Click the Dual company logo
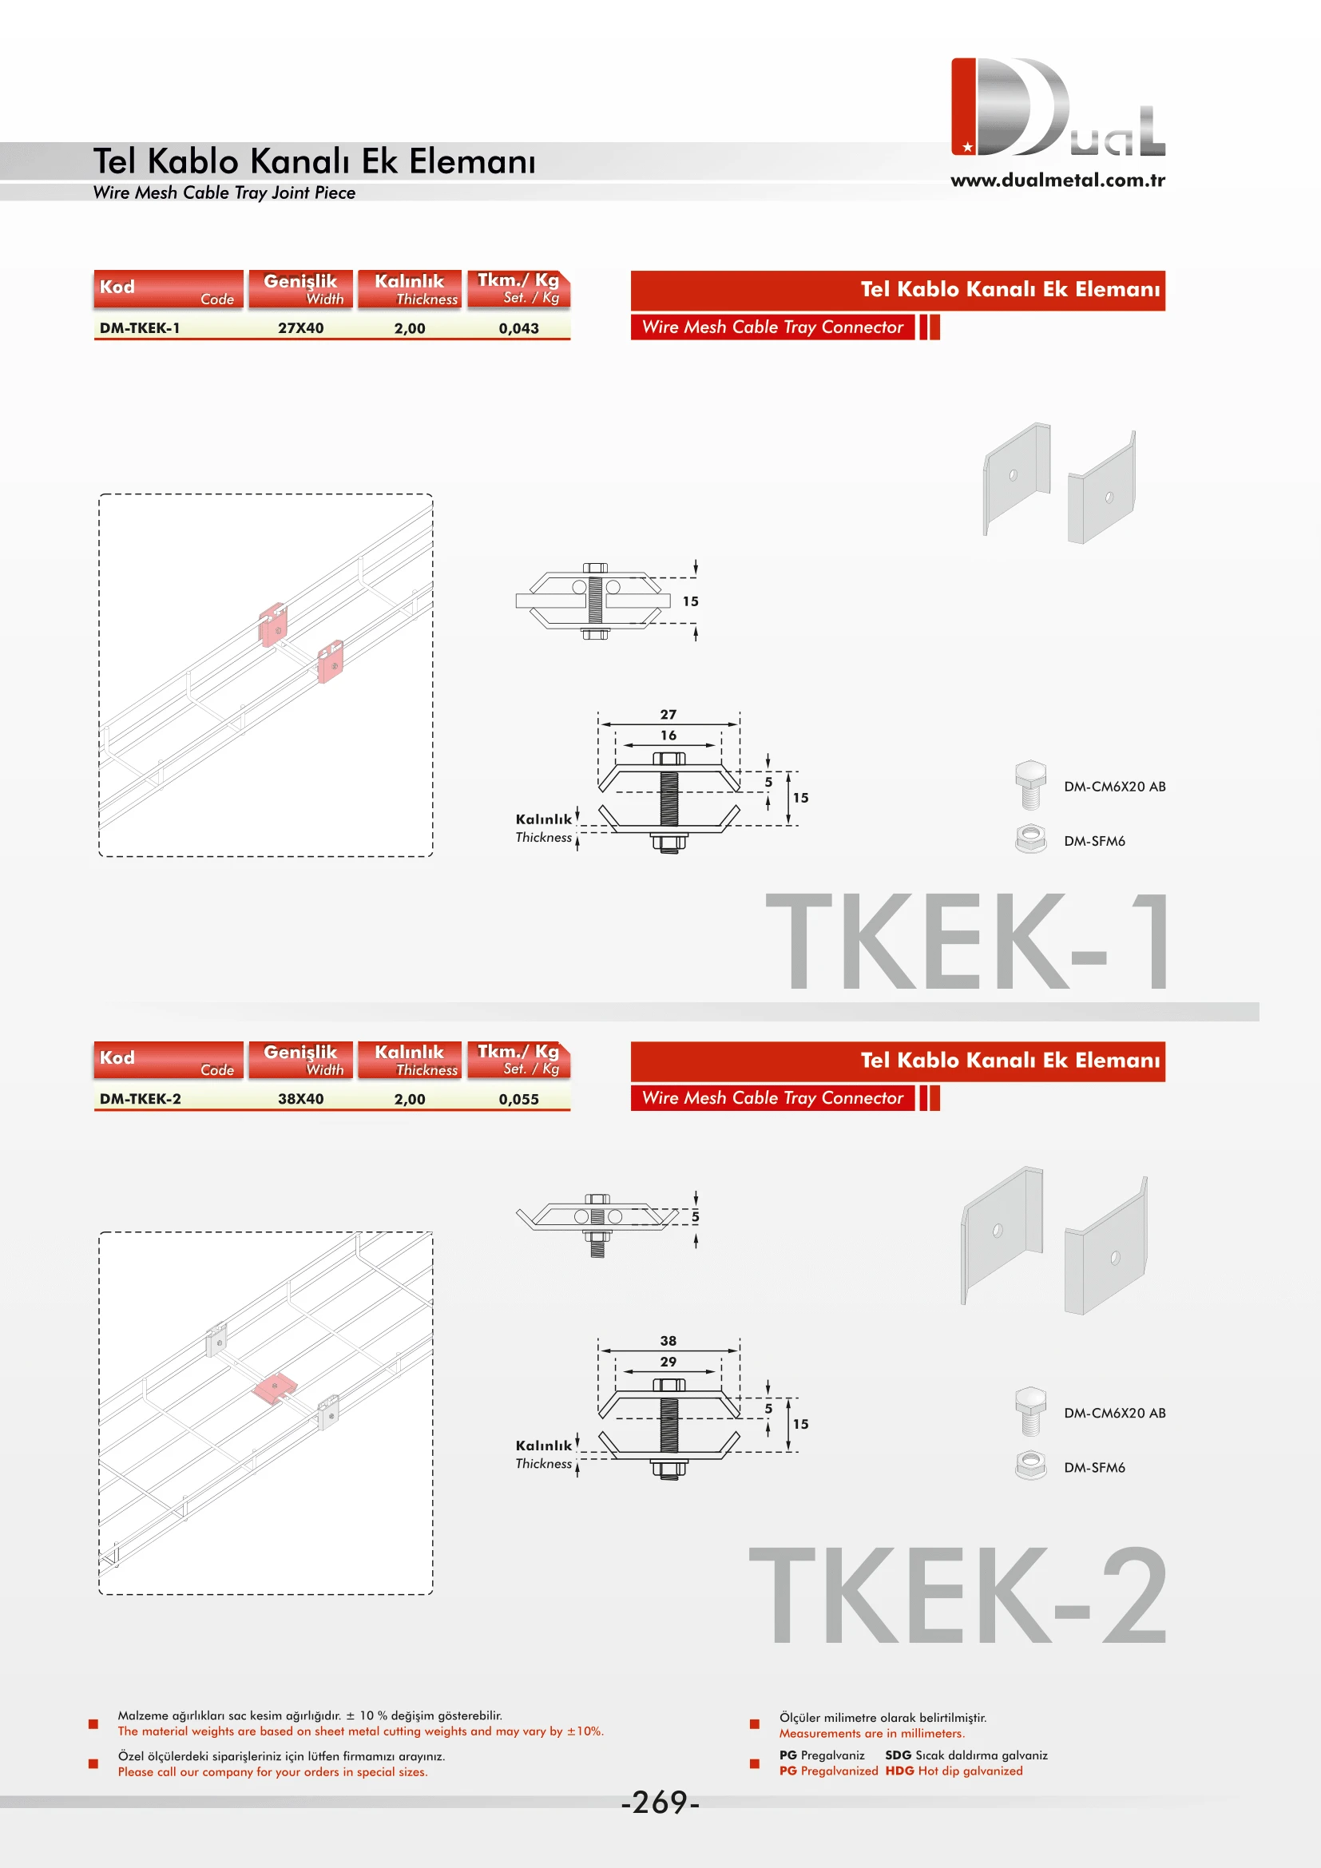pyautogui.click(x=1057, y=107)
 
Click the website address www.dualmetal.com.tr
pyautogui.click(x=1057, y=180)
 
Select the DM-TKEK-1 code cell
pyautogui.click(x=140, y=328)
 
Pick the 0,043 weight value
pyautogui.click(x=518, y=329)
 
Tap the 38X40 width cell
pyautogui.click(x=300, y=1099)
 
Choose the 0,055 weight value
pyautogui.click(x=518, y=1099)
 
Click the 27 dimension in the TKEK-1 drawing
pyautogui.click(x=668, y=714)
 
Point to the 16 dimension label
pyautogui.click(x=668, y=736)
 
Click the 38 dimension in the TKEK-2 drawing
pyautogui.click(x=668, y=1341)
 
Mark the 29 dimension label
pyautogui.click(x=668, y=1362)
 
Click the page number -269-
pyautogui.click(x=660, y=1802)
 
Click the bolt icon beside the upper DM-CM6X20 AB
pyautogui.click(x=1029, y=784)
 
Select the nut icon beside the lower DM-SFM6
pyautogui.click(x=1030, y=1466)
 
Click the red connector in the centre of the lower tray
pyautogui.click(x=275, y=1388)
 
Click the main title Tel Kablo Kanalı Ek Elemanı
pyautogui.click(x=314, y=161)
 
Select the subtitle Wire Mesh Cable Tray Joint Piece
pyautogui.click(x=224, y=192)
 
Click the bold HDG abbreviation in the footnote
pyautogui.click(x=899, y=1771)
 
